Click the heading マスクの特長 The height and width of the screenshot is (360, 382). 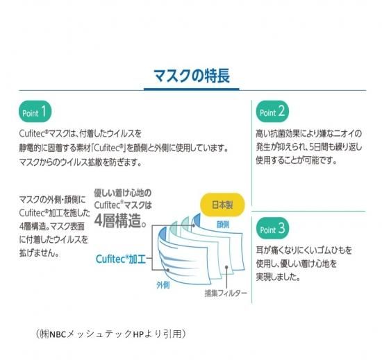[192, 76]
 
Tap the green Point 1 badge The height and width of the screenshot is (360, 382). [35, 112]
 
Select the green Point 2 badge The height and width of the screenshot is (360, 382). [272, 111]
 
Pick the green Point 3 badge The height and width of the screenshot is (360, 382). [272, 228]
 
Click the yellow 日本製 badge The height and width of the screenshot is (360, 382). [222, 205]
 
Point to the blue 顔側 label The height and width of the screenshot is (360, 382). [223, 225]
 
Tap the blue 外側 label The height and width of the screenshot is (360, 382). [163, 285]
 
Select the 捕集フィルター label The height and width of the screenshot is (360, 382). [226, 293]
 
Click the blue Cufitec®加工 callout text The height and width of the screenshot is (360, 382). [121, 259]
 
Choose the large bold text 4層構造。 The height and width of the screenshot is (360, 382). [120, 221]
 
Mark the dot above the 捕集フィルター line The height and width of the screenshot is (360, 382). [226, 267]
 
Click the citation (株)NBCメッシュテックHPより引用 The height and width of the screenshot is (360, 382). [111, 334]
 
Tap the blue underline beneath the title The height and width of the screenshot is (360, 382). [192, 89]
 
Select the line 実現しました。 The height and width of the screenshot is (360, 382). [278, 277]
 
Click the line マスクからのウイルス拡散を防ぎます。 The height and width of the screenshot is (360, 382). [81, 162]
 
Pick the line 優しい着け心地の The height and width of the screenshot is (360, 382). [123, 193]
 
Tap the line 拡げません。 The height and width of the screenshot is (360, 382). [39, 253]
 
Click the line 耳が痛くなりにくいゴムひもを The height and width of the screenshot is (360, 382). [304, 250]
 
